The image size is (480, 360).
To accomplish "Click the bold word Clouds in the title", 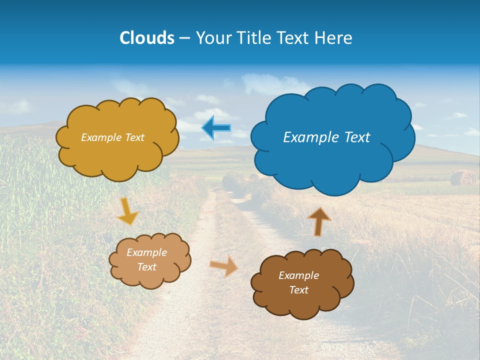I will tap(146, 38).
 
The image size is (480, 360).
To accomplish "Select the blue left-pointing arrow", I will tap(216, 128).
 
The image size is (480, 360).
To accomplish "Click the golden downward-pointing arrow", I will tap(127, 212).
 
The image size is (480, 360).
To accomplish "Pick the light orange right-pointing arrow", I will tap(224, 265).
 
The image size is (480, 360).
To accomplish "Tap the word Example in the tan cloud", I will tap(146, 252).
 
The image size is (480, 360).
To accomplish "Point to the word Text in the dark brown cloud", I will tap(298, 290).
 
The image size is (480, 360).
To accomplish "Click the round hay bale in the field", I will tap(462, 178).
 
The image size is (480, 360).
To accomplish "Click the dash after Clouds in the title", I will tap(183, 38).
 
